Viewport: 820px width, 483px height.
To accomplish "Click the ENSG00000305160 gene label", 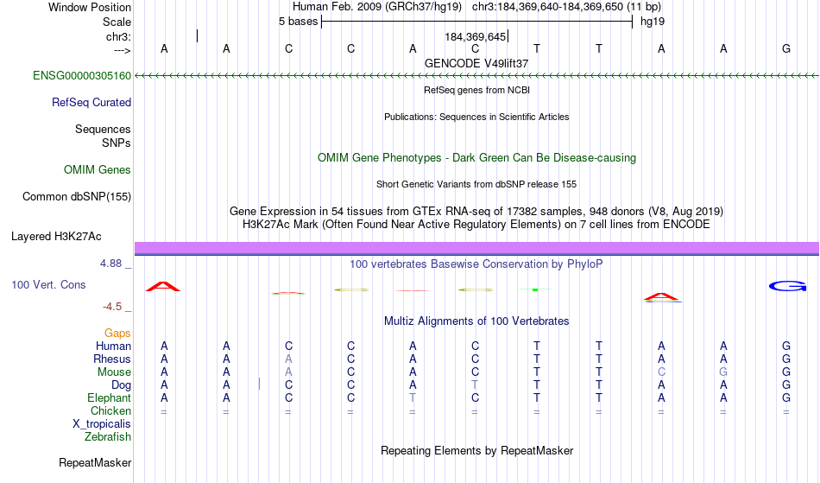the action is coord(82,75).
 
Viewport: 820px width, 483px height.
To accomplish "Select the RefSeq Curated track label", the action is coord(91,102).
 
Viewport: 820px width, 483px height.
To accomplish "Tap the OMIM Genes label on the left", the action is coord(98,169).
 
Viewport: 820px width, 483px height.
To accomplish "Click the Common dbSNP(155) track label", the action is coord(77,196).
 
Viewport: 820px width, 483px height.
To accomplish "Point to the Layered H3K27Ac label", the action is coord(56,236).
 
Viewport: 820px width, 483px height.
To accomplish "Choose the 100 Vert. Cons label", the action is coord(48,284).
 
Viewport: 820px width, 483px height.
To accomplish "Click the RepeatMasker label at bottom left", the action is coord(95,462).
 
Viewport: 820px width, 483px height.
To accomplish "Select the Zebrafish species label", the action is coord(108,436).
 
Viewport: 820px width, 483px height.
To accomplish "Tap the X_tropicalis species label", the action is coord(102,424).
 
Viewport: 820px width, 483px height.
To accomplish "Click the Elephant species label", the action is coord(110,397).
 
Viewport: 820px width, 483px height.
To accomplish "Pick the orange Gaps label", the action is coord(117,333).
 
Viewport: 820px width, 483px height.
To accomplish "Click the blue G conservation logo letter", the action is coord(787,286).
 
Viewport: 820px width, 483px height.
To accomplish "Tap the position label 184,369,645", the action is coord(476,36).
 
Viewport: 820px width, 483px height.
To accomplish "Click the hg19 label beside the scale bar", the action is coord(653,22).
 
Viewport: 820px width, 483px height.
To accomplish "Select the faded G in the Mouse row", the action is coord(723,372).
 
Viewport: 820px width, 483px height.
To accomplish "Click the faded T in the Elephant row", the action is coord(413,397).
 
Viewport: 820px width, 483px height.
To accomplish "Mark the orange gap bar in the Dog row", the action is coord(260,384).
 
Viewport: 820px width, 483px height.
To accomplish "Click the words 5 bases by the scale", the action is coord(298,22).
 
